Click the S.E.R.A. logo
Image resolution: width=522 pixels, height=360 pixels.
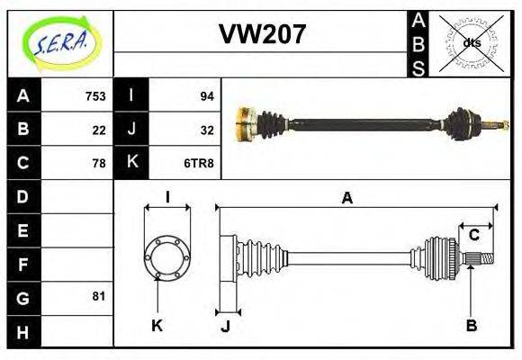pos(59,42)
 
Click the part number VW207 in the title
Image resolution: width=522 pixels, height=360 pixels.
pos(262,34)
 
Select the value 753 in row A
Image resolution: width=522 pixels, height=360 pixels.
pos(95,96)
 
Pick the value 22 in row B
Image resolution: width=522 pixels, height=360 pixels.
pos(99,130)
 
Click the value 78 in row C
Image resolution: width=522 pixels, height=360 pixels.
pos(99,163)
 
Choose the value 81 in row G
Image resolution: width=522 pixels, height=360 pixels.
pos(99,296)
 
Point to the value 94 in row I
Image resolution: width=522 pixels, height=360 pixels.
pos(206,96)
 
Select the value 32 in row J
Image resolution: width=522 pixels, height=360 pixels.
pos(206,130)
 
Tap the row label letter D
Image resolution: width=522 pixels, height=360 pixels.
pos(23,195)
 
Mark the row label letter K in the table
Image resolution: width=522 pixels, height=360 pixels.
pos(132,163)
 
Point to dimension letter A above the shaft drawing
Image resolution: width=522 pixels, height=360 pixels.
pos(347,198)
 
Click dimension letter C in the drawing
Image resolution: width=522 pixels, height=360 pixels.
pos(473,236)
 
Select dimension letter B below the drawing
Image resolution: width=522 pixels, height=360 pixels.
pos(471,325)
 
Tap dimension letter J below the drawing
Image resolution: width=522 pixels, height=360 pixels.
pos(226,326)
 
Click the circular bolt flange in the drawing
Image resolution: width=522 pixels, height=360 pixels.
pos(166,256)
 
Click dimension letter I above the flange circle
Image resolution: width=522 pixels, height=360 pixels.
pos(167,198)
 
